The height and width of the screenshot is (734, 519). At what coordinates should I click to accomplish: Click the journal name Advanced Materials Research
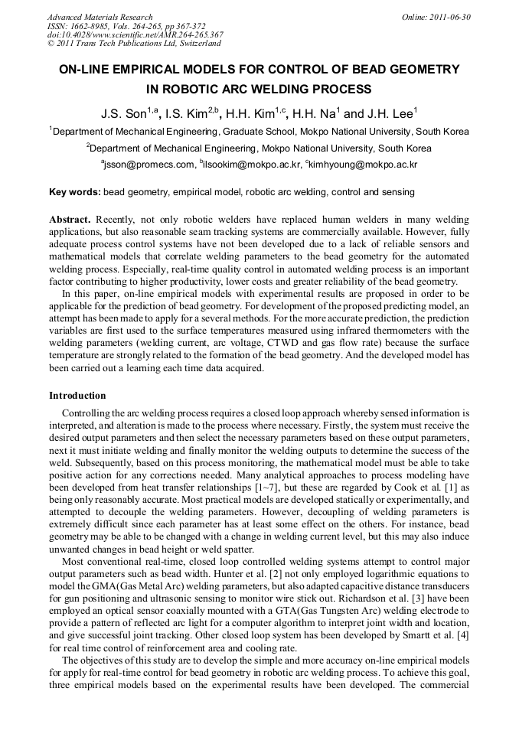100,17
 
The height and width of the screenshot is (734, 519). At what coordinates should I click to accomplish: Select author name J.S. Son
124,113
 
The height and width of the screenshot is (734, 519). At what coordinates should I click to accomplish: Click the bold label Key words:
74,192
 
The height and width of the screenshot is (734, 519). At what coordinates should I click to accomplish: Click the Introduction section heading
77,396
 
